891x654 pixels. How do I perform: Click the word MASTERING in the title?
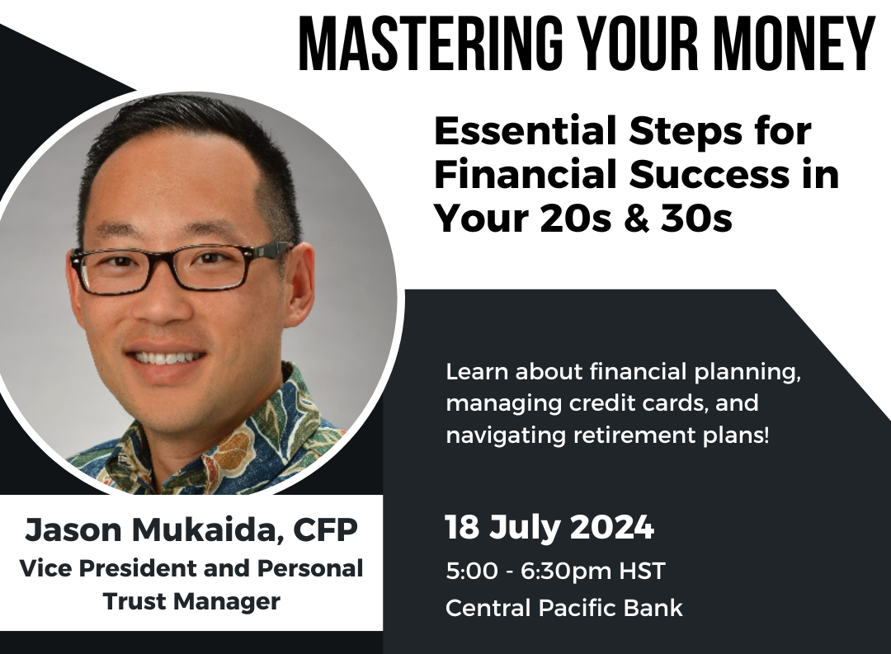pyautogui.click(x=430, y=43)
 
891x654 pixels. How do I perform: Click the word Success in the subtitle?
pyautogui.click(x=709, y=175)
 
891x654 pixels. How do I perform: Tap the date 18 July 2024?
pyautogui.click(x=549, y=527)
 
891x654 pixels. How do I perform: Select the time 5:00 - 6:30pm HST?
pyautogui.click(x=555, y=571)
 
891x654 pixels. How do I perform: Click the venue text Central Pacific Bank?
pyautogui.click(x=564, y=608)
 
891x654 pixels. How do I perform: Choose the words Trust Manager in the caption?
pyautogui.click(x=192, y=601)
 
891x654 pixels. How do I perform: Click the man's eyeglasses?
pyautogui.click(x=181, y=267)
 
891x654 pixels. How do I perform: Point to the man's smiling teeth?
pyautogui.click(x=166, y=358)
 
